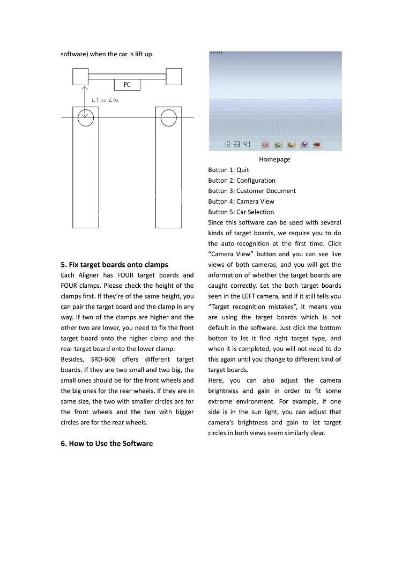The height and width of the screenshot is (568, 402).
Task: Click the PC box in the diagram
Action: coord(127,85)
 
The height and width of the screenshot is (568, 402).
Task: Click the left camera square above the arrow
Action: coord(80,76)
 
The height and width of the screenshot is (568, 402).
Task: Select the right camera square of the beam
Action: coord(174,76)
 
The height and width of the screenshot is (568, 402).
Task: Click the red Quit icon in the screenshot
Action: coord(265,145)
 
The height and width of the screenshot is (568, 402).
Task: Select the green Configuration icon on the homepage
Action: coord(278,145)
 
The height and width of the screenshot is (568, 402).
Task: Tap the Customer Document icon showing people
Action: coord(291,145)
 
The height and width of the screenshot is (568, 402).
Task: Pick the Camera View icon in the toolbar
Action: coord(304,145)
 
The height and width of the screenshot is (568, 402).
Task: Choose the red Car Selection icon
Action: coord(317,145)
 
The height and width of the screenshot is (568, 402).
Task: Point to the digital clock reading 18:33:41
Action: coord(237,145)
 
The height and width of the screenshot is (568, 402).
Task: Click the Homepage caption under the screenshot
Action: coord(274,160)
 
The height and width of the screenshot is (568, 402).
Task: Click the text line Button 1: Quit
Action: coord(228,170)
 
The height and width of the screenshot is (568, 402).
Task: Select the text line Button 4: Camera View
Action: coord(241,201)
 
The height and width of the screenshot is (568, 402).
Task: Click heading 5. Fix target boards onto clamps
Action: coord(114,264)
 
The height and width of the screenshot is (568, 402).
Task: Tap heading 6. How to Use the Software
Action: coord(107,443)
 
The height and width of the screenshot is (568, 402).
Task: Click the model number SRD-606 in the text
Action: coord(102,359)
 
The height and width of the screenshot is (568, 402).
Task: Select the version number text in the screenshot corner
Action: coord(216,53)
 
